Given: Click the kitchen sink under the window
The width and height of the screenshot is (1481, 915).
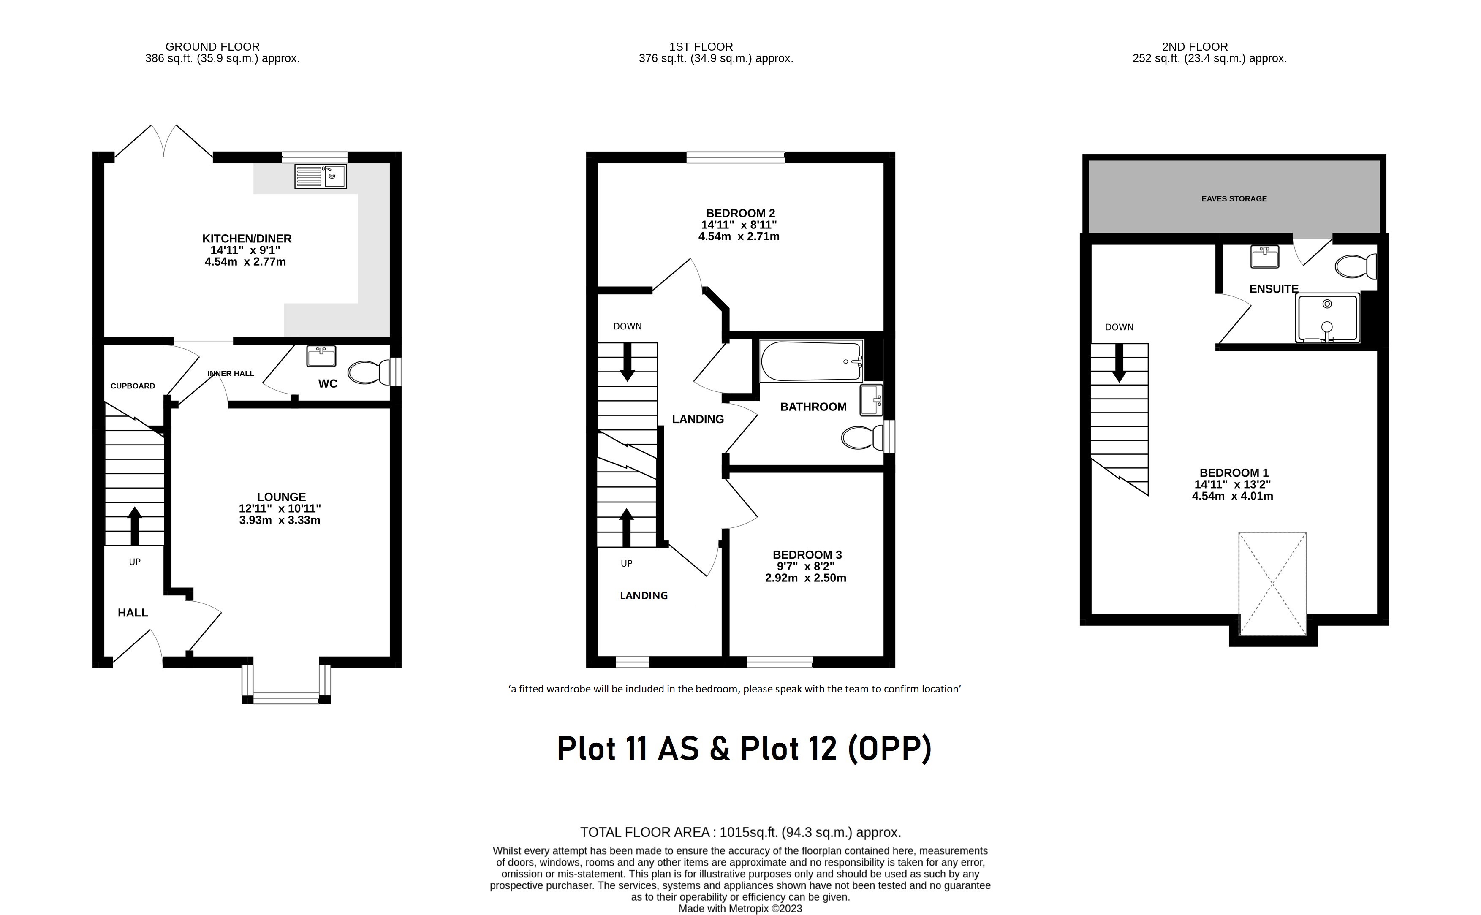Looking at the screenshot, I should [320, 176].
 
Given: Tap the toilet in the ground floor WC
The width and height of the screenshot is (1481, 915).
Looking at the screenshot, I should [369, 373].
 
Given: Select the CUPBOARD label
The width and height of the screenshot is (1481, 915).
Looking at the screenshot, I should [133, 386].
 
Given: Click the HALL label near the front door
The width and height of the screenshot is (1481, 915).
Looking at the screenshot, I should [133, 612].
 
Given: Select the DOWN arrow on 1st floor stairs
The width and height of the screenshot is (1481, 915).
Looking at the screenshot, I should [627, 362].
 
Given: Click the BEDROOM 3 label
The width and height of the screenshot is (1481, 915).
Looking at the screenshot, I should [807, 555].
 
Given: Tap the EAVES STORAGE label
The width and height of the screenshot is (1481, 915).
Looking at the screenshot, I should [1234, 198].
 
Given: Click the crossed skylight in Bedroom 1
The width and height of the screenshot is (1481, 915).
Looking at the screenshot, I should [1272, 584].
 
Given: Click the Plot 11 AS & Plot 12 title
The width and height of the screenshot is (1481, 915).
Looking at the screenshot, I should [743, 749].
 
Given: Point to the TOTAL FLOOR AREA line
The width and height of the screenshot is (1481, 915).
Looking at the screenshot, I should [740, 832].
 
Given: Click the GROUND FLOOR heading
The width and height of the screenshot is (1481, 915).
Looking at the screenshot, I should [212, 46].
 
